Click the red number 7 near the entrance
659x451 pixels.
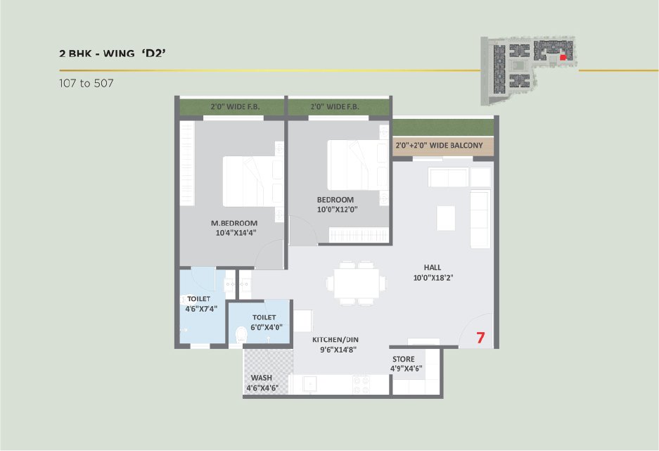[480, 337]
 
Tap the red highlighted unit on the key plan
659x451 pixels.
[563, 58]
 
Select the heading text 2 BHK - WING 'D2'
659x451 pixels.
[113, 53]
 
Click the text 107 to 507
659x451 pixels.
[87, 83]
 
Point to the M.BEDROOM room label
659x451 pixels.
[234, 223]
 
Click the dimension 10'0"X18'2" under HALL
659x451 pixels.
[433, 277]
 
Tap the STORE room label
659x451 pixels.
[404, 359]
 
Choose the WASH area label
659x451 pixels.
[262, 378]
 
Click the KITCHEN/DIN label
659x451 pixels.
[335, 340]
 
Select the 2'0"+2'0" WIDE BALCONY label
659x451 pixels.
[439, 146]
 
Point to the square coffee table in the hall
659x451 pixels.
[445, 217]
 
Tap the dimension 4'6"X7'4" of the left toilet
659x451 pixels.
[201, 309]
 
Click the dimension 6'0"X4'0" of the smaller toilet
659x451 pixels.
[267, 327]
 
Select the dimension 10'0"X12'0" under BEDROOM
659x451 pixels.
[337, 210]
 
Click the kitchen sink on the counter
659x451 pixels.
[309, 383]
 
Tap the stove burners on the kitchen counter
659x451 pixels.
[362, 383]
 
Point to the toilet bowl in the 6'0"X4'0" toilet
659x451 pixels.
[241, 336]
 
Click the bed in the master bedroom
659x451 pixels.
[253, 181]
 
